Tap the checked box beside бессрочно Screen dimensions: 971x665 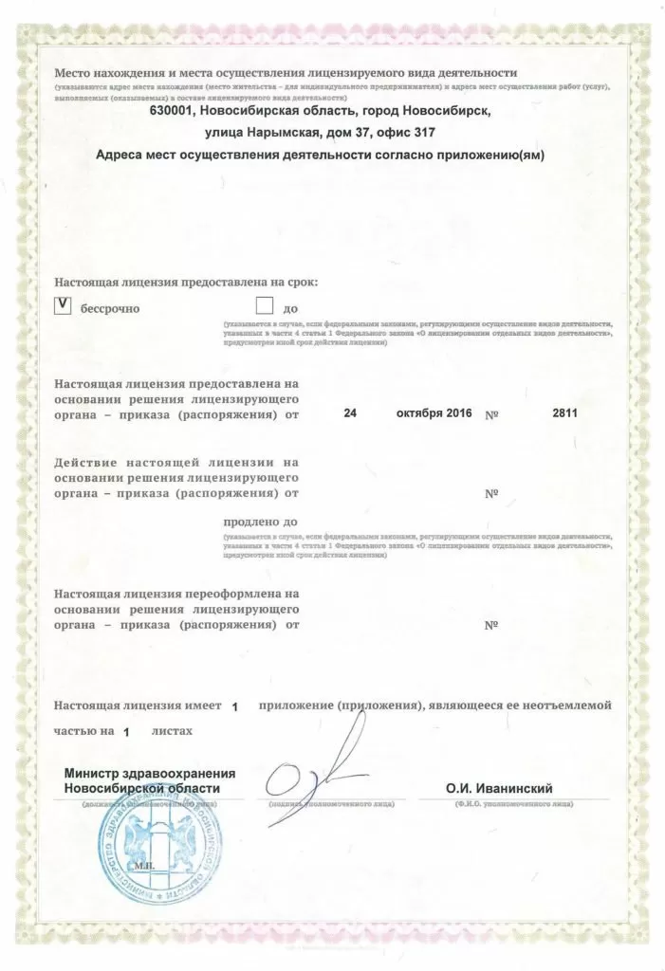pyautogui.click(x=62, y=305)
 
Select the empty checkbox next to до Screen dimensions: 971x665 pyautogui.click(x=264, y=305)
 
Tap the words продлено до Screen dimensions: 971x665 pyautogui.click(x=261, y=522)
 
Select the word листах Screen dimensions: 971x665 pyautogui.click(x=171, y=732)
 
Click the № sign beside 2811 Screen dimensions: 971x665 pyautogui.click(x=491, y=414)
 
